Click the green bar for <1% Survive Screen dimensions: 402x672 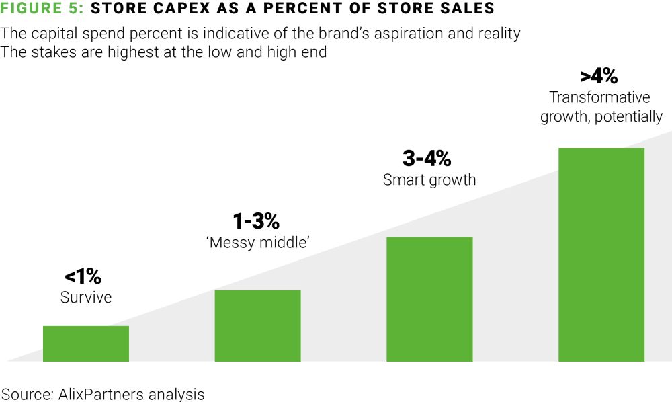85,343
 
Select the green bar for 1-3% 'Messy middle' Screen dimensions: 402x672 257,325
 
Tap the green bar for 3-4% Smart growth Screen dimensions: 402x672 429,298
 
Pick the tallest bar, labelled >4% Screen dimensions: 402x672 601,254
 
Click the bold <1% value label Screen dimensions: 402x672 83,276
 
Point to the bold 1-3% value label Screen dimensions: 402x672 256,220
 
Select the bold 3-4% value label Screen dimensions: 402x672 427,159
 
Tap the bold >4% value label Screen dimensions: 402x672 599,75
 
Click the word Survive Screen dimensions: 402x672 86,297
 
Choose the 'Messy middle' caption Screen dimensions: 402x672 257,242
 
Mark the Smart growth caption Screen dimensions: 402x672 429,180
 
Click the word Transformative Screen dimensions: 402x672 600,97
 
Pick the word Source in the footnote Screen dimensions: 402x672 26,393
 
